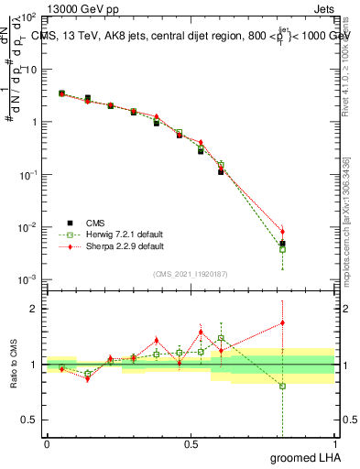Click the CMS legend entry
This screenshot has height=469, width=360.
[95, 223]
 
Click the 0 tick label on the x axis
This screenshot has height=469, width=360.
[47, 444]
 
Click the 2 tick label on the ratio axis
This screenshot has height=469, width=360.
[34, 309]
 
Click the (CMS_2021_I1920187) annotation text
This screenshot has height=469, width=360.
[190, 272]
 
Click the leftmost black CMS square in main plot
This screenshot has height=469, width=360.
[61, 93]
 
